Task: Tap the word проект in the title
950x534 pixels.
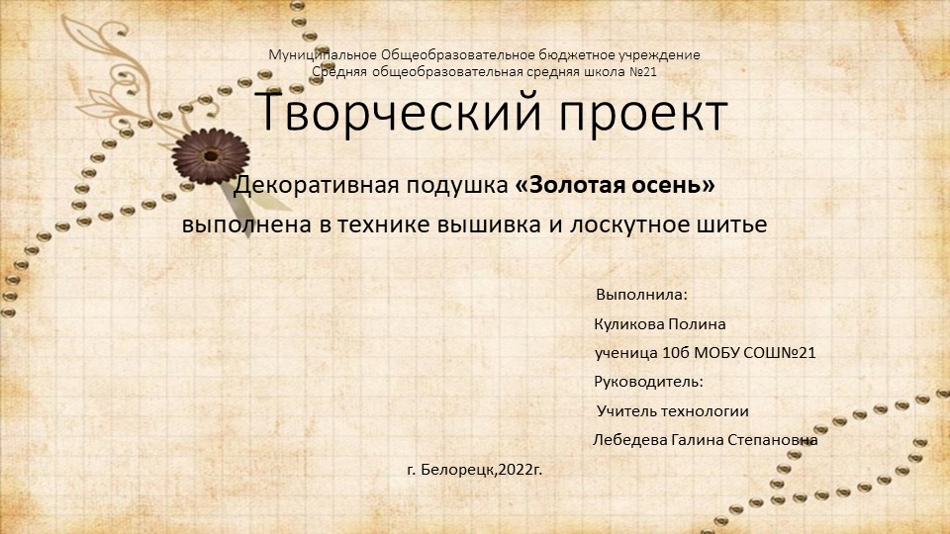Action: point(630,113)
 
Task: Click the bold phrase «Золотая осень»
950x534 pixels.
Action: point(616,185)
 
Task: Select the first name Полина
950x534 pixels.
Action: point(700,324)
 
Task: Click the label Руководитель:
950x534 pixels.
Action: point(648,382)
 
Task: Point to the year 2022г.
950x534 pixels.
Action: point(522,468)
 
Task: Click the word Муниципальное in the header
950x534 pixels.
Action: point(323,54)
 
